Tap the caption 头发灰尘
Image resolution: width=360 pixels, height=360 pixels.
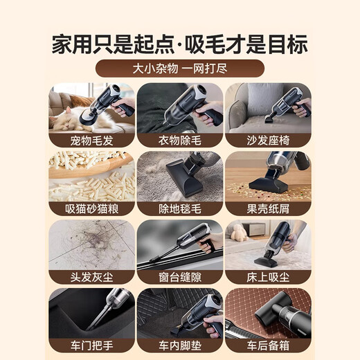point(92,277)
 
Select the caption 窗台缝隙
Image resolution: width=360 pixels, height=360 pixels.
point(180,277)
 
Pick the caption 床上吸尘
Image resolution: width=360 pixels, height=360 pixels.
point(268,277)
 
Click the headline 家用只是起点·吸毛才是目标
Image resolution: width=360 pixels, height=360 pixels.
point(180,43)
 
